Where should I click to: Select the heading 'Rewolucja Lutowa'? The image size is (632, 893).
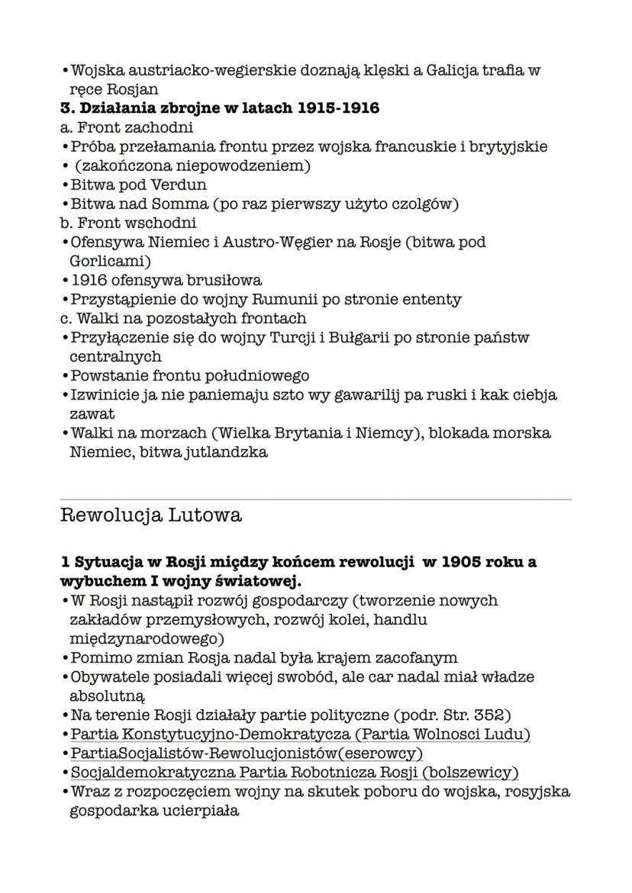click(151, 516)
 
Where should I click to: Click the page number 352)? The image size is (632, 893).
click(485, 715)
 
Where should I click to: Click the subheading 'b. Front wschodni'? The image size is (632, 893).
click(127, 223)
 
